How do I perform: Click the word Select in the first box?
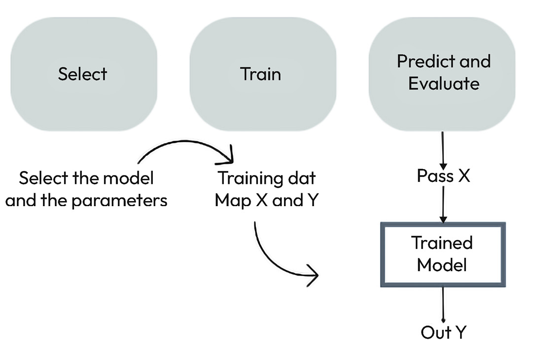coord(82,74)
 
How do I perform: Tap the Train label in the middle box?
coord(261,74)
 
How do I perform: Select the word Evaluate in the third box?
coord(444,84)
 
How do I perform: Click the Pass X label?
coord(444,176)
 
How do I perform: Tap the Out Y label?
coord(443,332)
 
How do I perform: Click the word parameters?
coord(119,201)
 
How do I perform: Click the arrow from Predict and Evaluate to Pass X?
coord(443,150)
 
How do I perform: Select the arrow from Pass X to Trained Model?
coord(443,204)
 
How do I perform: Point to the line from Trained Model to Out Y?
coord(443,304)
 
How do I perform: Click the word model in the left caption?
coord(128,178)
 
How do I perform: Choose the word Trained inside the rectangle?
coord(442,243)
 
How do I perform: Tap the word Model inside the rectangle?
coord(442,265)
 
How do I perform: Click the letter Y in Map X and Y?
coord(313,200)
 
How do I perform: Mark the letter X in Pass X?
coord(464,176)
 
